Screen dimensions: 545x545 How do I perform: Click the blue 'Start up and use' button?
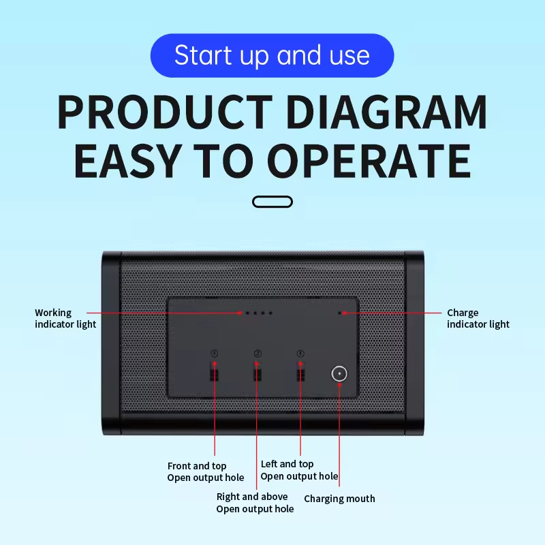272,55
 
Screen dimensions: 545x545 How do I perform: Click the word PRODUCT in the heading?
163,112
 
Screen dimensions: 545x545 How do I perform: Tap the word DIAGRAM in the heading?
387,112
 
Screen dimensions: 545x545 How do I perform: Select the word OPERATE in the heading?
369,161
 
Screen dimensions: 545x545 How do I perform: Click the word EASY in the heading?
129,161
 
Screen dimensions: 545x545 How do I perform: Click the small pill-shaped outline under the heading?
272,201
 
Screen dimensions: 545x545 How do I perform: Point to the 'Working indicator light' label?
65,318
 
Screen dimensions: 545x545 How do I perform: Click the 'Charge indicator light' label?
478,318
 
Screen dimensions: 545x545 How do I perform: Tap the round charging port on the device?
339,373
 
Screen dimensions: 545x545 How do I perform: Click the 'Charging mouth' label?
339,499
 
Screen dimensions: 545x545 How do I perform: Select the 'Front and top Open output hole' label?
205,471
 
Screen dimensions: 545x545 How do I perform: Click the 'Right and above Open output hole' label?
255,503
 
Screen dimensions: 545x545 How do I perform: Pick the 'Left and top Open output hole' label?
299,470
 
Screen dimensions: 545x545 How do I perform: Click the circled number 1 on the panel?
215,353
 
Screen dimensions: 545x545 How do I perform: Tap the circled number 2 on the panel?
258,353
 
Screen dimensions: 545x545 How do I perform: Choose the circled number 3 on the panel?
300,353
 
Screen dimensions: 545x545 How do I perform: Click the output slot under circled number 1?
215,373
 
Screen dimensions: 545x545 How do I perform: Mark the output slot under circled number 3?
300,373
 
